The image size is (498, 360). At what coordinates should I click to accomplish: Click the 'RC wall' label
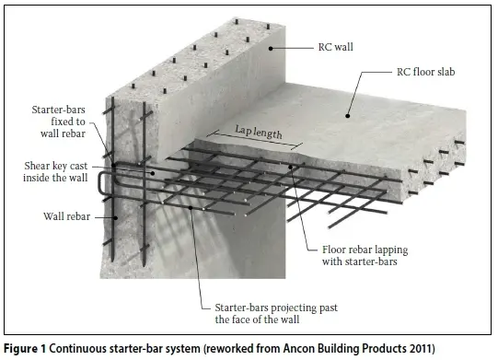click(x=335, y=47)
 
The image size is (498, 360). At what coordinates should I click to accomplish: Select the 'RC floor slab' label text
click(x=425, y=72)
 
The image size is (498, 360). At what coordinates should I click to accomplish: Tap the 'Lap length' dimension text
click(x=259, y=133)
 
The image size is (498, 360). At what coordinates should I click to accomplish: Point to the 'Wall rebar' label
click(x=66, y=216)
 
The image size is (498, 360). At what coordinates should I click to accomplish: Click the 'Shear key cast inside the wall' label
click(x=55, y=171)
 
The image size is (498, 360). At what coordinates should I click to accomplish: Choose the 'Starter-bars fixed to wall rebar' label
click(x=59, y=122)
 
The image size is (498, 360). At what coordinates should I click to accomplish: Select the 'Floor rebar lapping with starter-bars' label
click(x=365, y=255)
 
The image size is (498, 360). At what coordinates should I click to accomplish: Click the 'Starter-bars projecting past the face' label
click(x=276, y=313)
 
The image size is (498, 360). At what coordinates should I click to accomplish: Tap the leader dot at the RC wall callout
click(x=271, y=49)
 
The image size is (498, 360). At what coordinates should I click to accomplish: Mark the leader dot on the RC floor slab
click(x=348, y=116)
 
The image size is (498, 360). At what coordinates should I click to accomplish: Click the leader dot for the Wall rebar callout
click(x=116, y=218)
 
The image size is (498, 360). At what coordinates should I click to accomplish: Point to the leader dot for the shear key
click(x=153, y=173)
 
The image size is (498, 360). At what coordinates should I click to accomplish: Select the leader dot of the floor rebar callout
click(x=290, y=167)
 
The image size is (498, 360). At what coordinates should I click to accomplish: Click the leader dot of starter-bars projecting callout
click(x=191, y=208)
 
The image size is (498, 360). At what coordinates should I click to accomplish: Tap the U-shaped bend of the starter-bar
click(x=101, y=183)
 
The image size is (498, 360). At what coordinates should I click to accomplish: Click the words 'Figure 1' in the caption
click(x=25, y=349)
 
